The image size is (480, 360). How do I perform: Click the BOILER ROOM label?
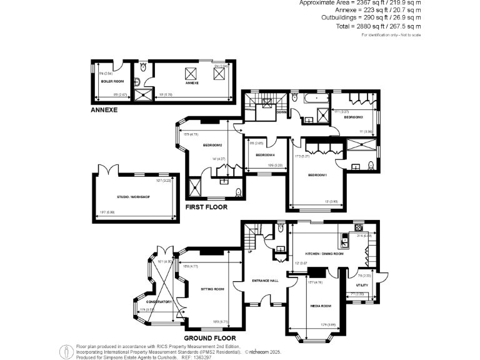coord(112,81)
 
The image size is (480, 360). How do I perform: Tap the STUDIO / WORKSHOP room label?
coord(133,197)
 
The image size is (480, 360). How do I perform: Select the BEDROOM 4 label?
coord(266,155)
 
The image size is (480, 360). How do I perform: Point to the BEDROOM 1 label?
coord(317,175)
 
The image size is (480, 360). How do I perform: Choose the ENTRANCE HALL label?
coord(265,281)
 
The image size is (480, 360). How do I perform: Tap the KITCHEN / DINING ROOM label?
coord(324,254)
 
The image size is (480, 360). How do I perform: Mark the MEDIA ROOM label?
coord(320,306)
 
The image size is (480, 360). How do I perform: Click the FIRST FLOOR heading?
coord(206,207)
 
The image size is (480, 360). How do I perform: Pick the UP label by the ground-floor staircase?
coord(251,252)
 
